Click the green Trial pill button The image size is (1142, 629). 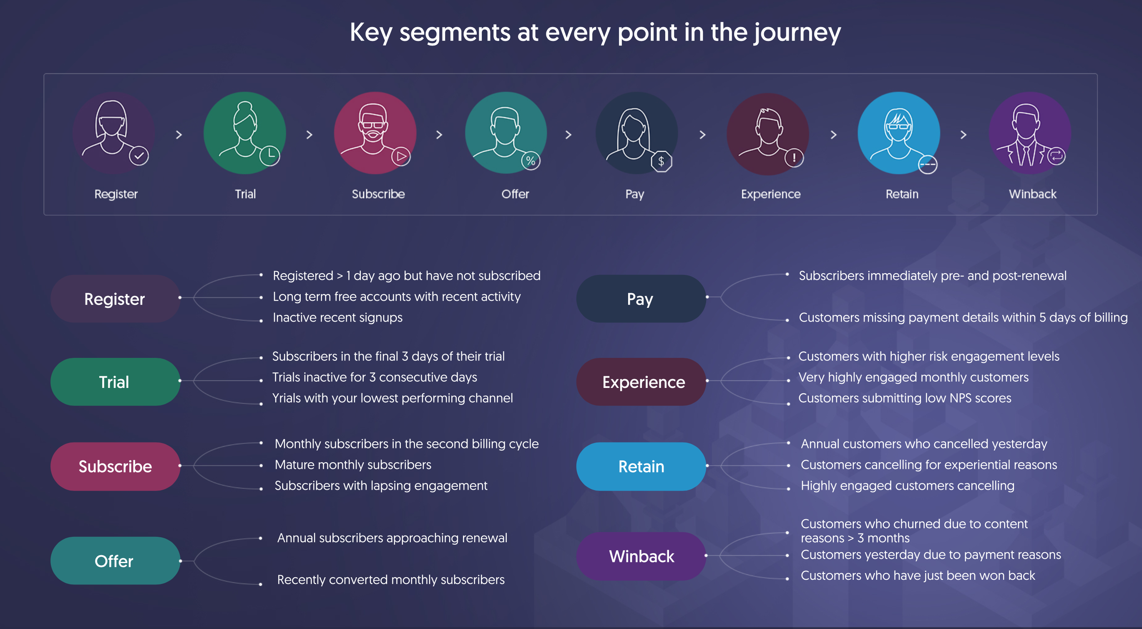[115, 382]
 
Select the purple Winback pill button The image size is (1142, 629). [641, 556]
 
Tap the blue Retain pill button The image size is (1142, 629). [641, 466]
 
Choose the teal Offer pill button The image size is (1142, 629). [115, 561]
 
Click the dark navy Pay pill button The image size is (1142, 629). [641, 298]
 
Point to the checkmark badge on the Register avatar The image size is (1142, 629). [139, 156]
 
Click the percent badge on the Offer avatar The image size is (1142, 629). [531, 161]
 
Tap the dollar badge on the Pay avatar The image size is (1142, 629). [662, 161]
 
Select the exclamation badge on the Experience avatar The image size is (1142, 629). [794, 157]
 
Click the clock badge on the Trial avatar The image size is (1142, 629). [269, 156]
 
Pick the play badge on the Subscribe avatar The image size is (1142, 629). [401, 156]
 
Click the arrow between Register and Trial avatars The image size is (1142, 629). [179, 134]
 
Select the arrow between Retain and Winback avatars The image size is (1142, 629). [963, 134]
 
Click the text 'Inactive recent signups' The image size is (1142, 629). [337, 317]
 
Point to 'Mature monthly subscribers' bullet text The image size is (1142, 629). [353, 465]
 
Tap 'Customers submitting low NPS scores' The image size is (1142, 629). [904, 398]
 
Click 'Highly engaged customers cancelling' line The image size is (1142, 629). [907, 486]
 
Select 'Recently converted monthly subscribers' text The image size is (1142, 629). [390, 579]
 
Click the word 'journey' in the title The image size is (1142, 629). [797, 33]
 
